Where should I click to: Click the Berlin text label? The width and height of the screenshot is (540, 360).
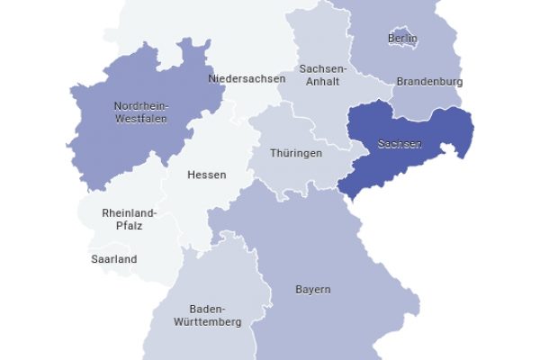pos(402,39)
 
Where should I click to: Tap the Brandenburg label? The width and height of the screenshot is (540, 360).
pos(429,82)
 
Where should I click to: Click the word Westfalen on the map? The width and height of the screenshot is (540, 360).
pos(140,118)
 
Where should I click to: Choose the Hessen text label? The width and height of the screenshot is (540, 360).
pos(206,175)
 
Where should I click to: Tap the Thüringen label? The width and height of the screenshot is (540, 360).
pos(296,154)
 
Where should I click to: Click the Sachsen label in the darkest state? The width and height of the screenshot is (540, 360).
pos(400,144)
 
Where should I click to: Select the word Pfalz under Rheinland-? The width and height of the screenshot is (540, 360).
pos(128,226)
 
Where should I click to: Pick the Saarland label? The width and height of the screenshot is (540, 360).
pos(114,259)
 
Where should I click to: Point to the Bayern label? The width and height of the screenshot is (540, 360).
pos(313,290)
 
